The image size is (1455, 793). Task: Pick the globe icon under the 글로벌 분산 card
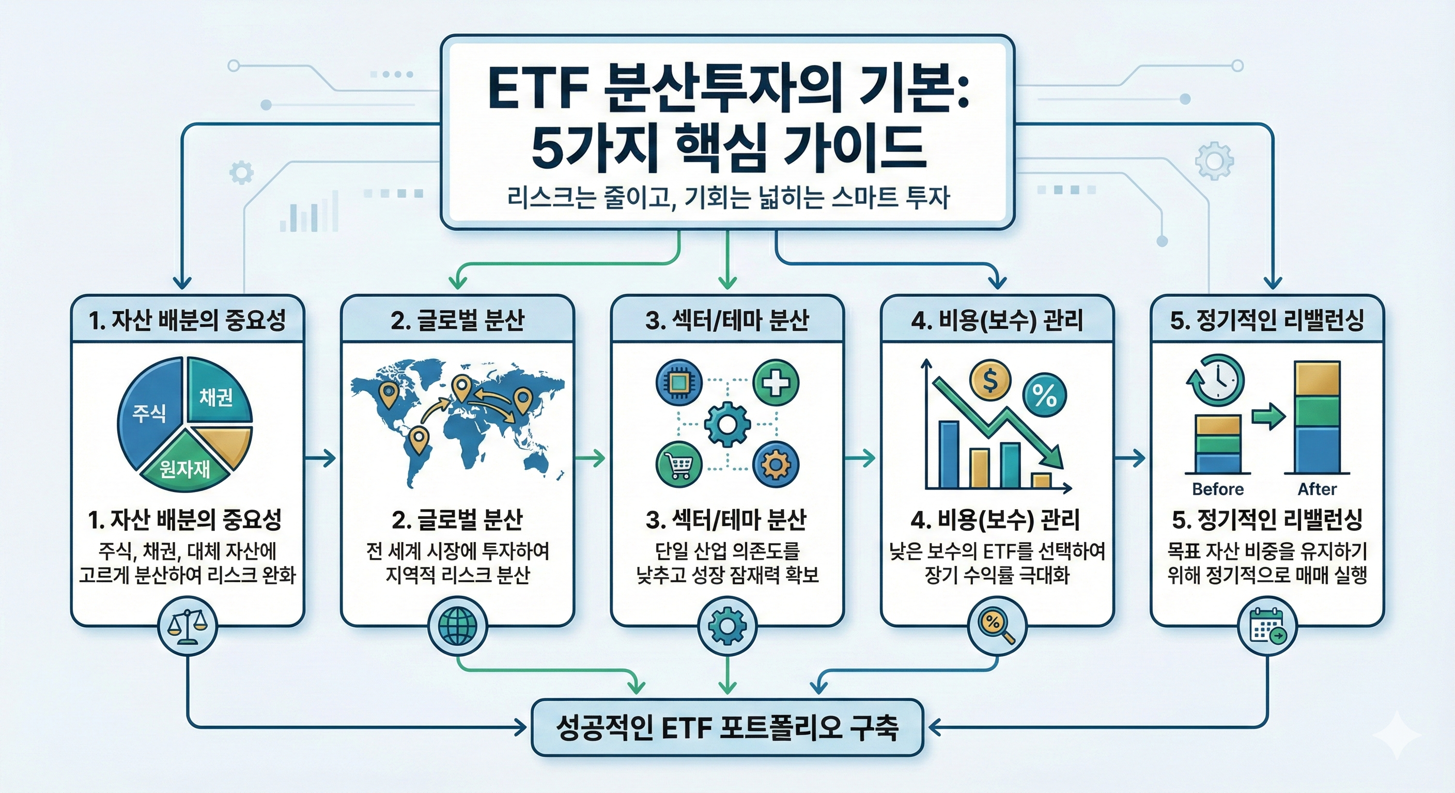pos(457,626)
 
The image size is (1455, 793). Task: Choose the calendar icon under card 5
pos(1267,626)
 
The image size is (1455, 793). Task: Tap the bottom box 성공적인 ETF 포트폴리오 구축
pos(727,728)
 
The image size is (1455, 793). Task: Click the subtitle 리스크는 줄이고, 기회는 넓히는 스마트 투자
pos(727,199)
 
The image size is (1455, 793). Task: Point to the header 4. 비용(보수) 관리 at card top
pos(997,321)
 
